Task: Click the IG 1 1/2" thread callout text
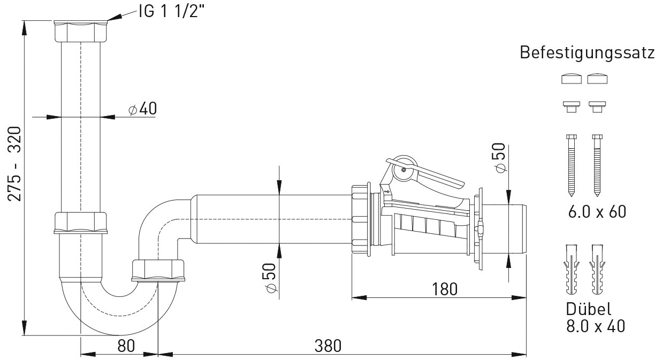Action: click(x=171, y=11)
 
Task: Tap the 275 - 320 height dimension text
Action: click(x=14, y=164)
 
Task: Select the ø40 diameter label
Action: click(x=143, y=108)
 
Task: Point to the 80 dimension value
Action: click(x=126, y=346)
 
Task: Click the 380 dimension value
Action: click(x=328, y=346)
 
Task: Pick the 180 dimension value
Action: click(x=445, y=289)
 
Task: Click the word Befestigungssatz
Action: click(x=587, y=53)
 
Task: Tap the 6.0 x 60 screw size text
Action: click(x=597, y=212)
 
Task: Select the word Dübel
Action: click(x=588, y=309)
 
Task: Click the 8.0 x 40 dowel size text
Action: click(x=596, y=326)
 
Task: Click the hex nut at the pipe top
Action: click(x=81, y=31)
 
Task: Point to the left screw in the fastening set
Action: click(x=572, y=165)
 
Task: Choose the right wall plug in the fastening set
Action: click(x=597, y=270)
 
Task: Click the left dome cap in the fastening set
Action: click(x=572, y=79)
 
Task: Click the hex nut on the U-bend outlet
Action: click(x=158, y=271)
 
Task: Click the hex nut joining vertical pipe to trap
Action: click(x=80, y=223)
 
